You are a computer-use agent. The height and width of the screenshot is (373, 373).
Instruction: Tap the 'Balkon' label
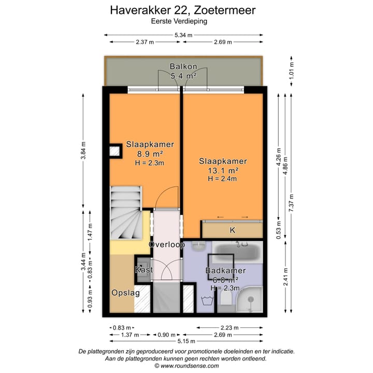[x=183, y=66]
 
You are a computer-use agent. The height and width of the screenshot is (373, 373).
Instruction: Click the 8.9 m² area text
[x=150, y=154]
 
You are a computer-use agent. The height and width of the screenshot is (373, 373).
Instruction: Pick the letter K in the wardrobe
[x=232, y=230]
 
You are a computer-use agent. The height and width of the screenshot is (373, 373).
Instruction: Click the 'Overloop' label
[x=166, y=245]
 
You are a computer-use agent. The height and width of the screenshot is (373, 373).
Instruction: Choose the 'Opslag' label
[x=126, y=293]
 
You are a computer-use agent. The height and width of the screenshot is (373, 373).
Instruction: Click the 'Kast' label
[x=144, y=270]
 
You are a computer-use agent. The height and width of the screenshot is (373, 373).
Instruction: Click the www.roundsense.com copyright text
[x=186, y=365]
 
